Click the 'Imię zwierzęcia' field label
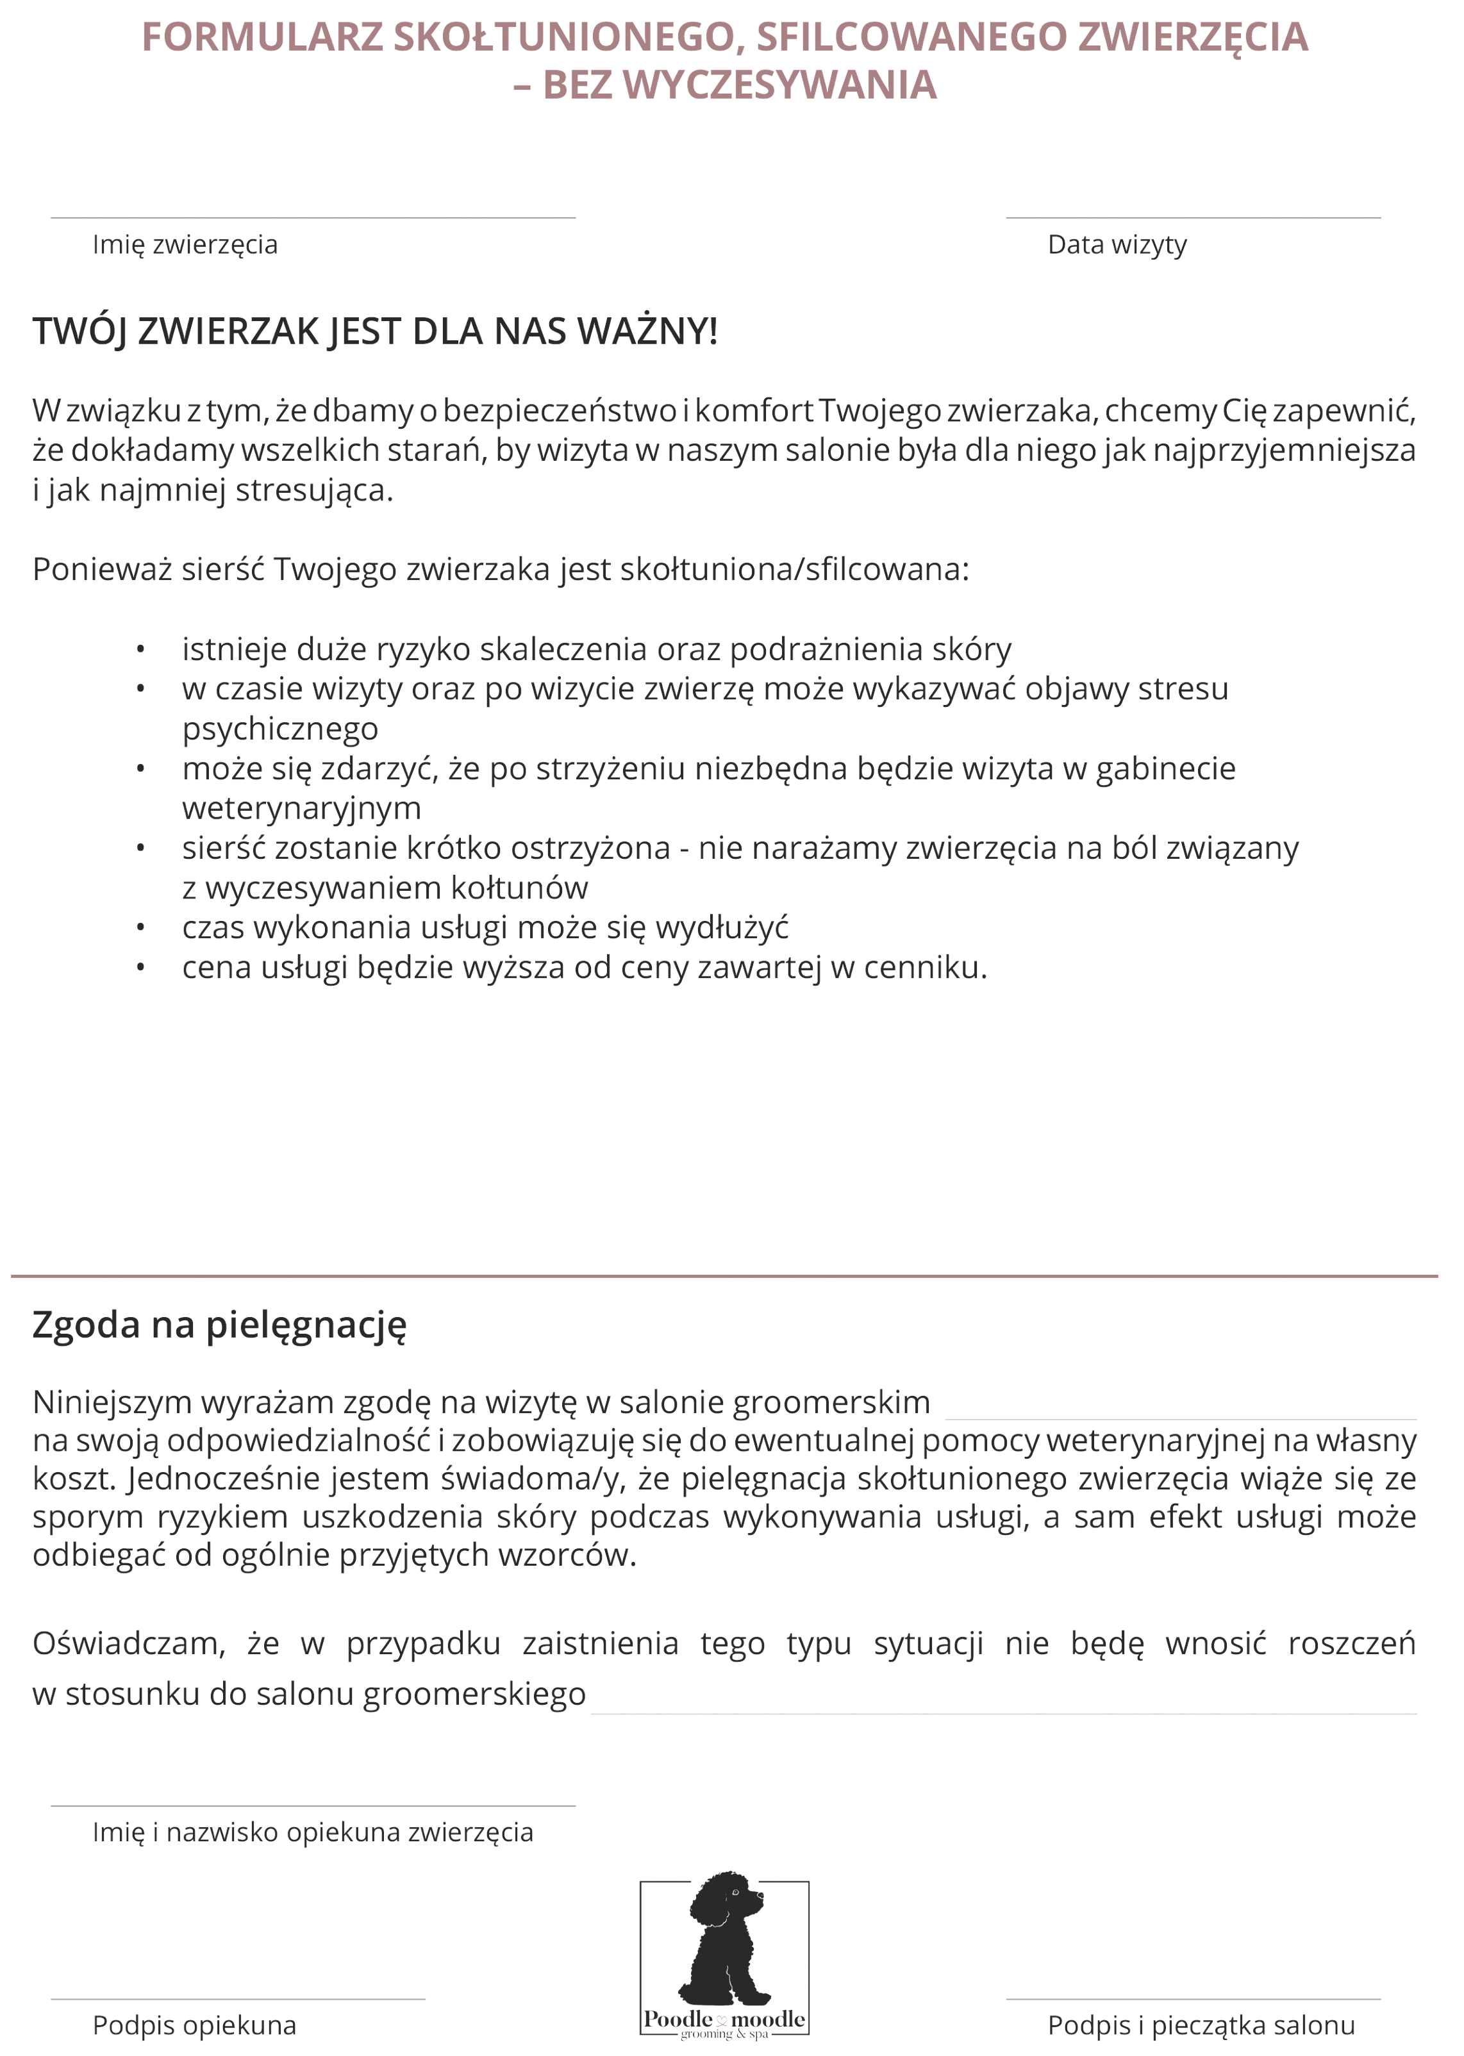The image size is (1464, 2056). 185,245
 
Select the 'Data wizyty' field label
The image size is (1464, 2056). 1117,245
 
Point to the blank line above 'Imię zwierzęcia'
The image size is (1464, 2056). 312,217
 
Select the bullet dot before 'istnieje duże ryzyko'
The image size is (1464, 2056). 140,649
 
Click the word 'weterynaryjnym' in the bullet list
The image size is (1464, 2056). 301,809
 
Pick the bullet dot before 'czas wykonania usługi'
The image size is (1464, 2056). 140,927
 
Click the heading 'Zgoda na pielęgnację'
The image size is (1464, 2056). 219,1325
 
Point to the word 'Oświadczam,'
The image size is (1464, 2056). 129,1643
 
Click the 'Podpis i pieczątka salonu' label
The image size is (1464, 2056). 1200,2025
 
